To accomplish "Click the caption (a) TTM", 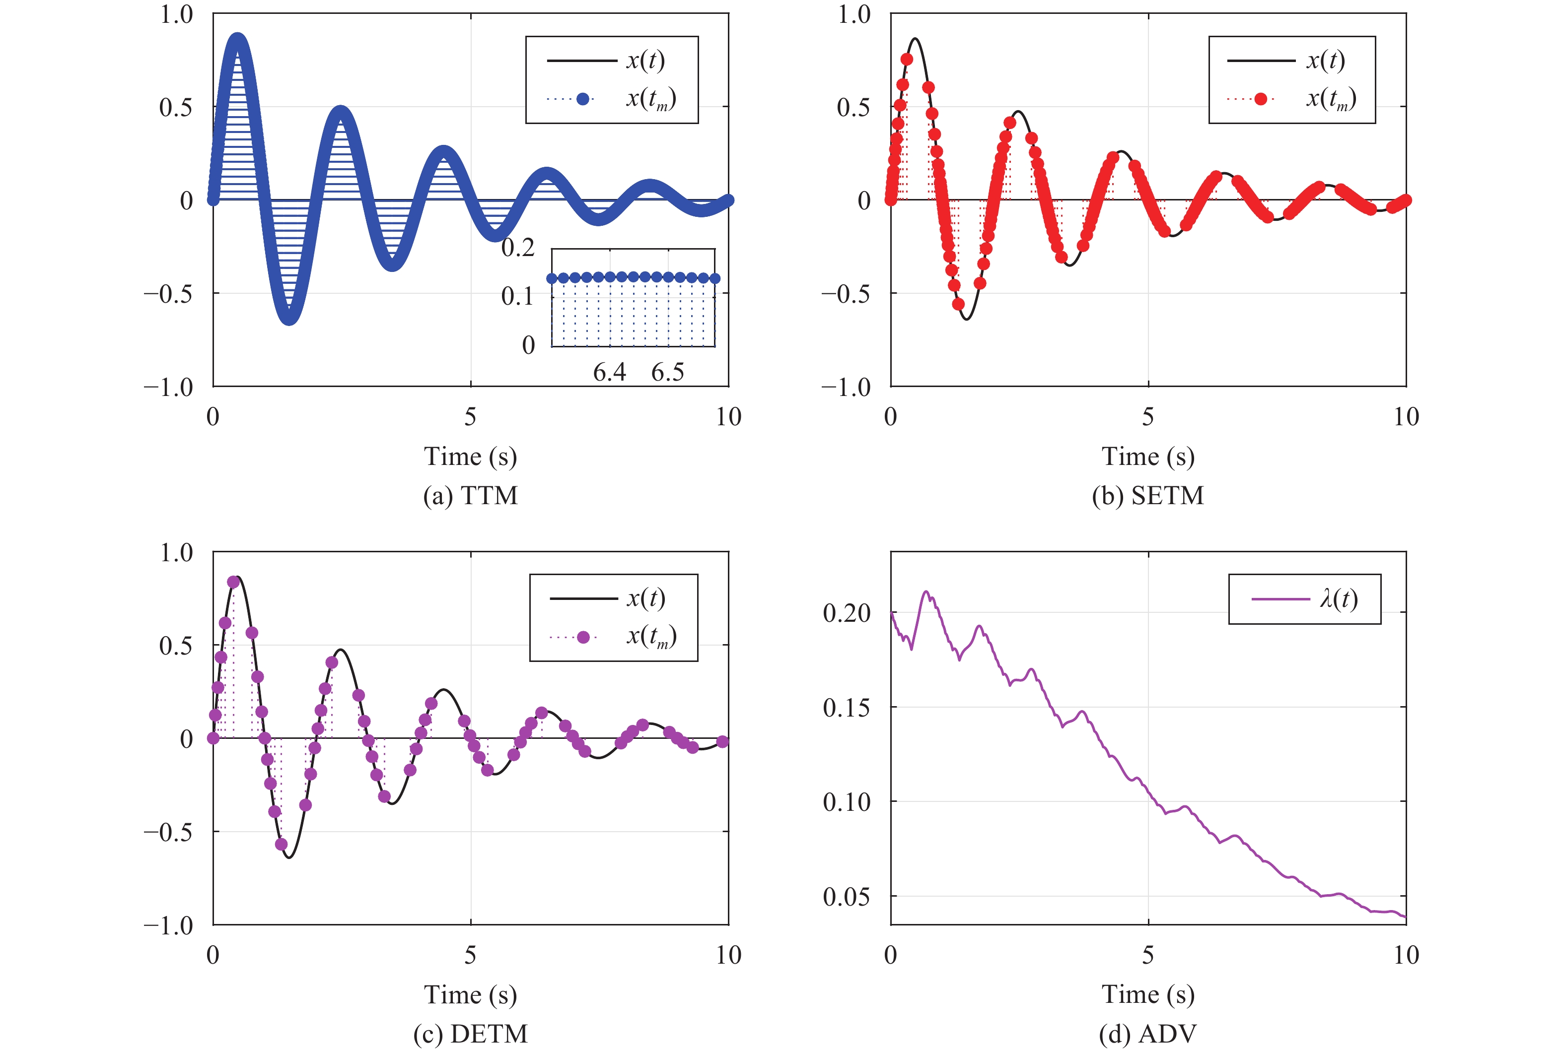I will pos(470,495).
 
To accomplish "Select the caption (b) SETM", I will pos(1147,495).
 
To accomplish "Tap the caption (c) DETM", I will pos(470,1033).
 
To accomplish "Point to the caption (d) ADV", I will pos(1147,1033).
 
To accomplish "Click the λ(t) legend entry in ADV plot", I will pos(1339,598).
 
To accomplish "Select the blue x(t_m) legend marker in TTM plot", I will pos(583,99).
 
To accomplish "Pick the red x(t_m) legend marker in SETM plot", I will pos(1260,99).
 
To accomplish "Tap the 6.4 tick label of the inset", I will pos(609,372).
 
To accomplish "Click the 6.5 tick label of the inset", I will pos(667,372).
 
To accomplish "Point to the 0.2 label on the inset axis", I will pos(518,248).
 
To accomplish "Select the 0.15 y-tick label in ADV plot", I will pos(847,707).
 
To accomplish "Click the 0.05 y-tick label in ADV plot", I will pos(847,896).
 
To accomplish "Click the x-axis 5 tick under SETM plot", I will pos(1147,417).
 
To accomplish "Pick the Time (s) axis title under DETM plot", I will pos(470,994).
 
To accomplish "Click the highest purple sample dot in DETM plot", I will pos(233,582).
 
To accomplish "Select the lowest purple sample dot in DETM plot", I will pos(281,844).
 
